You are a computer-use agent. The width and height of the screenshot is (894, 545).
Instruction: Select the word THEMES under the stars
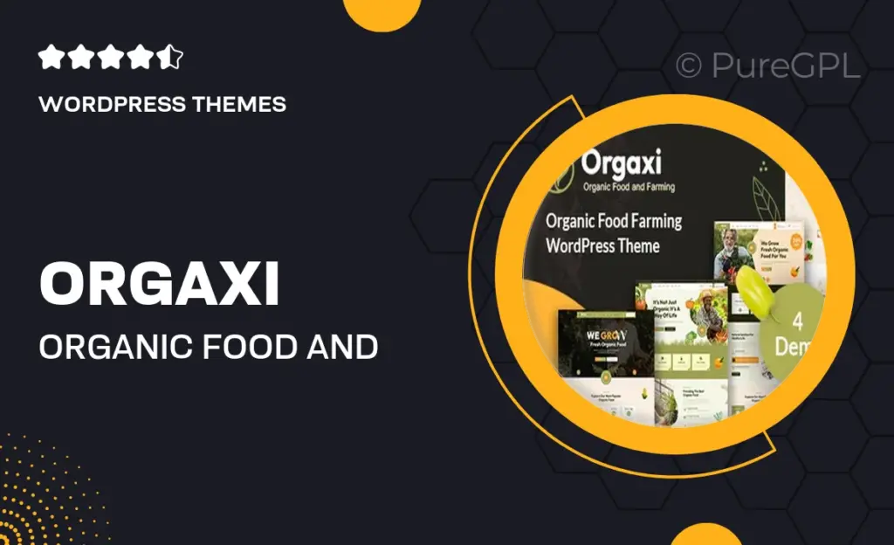click(243, 105)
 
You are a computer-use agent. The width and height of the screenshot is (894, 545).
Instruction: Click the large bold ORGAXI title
click(159, 284)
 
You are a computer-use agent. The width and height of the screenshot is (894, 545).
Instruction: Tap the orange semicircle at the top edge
click(381, 13)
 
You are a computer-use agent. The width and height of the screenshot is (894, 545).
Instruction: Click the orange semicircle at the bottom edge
click(705, 535)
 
